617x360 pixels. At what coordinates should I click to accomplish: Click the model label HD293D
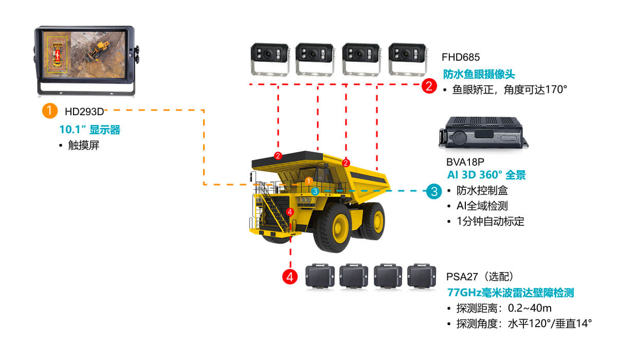pyautogui.click(x=84, y=111)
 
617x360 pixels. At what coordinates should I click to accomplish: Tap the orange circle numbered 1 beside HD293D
pyautogui.click(x=49, y=111)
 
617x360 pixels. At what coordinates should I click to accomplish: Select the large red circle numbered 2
pyautogui.click(x=429, y=85)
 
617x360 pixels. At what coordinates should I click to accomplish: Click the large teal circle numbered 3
pyautogui.click(x=434, y=192)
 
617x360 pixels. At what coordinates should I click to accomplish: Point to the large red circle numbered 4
pyautogui.click(x=290, y=277)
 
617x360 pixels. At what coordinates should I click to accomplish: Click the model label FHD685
pyautogui.click(x=460, y=57)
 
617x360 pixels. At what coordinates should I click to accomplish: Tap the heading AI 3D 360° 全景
pyautogui.click(x=486, y=175)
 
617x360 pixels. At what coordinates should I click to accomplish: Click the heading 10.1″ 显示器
pyautogui.click(x=90, y=130)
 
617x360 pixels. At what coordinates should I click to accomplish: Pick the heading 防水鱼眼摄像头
pyautogui.click(x=479, y=74)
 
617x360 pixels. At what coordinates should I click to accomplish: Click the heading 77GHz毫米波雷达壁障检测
pyautogui.click(x=511, y=293)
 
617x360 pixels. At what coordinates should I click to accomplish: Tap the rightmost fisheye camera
pyautogui.click(x=408, y=58)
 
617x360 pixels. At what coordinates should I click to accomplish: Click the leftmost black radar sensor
pyautogui.click(x=320, y=276)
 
